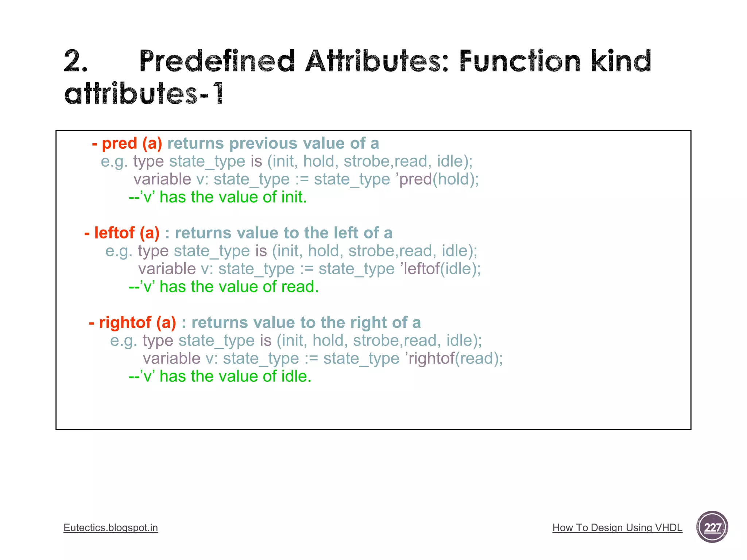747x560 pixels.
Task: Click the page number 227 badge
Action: tap(712, 527)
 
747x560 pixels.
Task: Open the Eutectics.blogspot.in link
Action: tap(111, 528)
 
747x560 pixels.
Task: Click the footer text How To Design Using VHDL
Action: tap(617, 528)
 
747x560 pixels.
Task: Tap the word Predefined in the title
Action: tap(217, 61)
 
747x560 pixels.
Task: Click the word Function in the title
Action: tap(519, 61)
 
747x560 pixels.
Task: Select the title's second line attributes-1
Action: tap(144, 93)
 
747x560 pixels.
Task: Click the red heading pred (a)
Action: tap(127, 143)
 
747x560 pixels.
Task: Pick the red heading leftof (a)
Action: tap(122, 233)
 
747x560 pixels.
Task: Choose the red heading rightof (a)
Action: tap(133, 323)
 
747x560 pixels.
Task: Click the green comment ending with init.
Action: tap(218, 197)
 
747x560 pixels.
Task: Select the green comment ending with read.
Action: tap(224, 287)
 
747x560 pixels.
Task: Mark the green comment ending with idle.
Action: tap(220, 376)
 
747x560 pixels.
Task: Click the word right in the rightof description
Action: tap(369, 323)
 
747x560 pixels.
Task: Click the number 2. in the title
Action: tap(76, 61)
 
